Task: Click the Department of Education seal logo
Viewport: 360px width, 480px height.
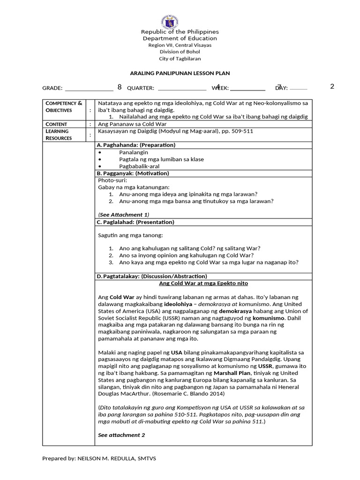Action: pyautogui.click(x=180, y=21)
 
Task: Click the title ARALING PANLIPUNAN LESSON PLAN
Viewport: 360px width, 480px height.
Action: pyautogui.click(x=180, y=74)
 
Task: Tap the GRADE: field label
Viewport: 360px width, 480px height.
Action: pyautogui.click(x=52, y=88)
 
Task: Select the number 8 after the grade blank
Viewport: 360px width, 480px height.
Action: pyautogui.click(x=120, y=87)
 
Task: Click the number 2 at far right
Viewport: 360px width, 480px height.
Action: pyautogui.click(x=332, y=86)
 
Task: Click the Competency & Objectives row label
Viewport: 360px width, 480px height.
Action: pyautogui.click(x=63, y=106)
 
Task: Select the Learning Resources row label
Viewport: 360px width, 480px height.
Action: pyautogui.click(x=59, y=135)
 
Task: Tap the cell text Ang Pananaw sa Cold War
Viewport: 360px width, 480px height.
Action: pyautogui.click(x=132, y=124)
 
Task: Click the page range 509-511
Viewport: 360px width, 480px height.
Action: pyautogui.click(x=241, y=132)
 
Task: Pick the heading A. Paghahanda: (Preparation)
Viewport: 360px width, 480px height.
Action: pyautogui.click(x=136, y=145)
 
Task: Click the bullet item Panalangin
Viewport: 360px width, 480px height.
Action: pyautogui.click(x=134, y=152)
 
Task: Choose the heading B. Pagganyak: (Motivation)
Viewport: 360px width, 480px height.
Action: pyautogui.click(x=133, y=173)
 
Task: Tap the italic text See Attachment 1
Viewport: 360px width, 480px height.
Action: pyautogui.click(x=124, y=215)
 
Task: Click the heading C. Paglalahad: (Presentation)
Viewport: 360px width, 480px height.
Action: pyautogui.click(x=135, y=222)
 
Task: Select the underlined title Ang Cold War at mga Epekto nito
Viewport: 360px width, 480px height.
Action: pyautogui.click(x=203, y=284)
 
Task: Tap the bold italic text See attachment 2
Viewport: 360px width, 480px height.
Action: pyautogui.click(x=121, y=435)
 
